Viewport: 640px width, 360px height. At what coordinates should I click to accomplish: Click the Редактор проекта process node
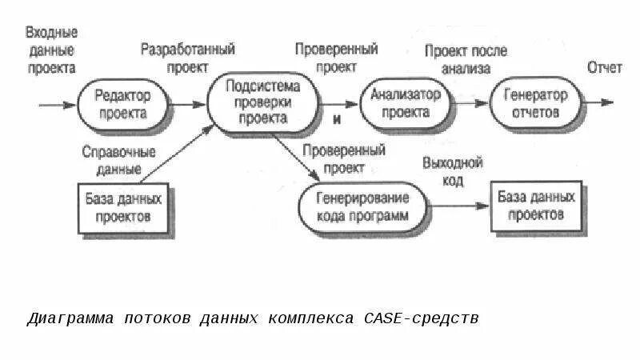click(124, 104)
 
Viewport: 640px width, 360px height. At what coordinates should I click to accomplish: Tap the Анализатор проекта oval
click(406, 103)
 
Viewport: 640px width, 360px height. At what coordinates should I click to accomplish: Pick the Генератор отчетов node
click(535, 104)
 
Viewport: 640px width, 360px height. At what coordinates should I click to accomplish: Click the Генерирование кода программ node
click(362, 206)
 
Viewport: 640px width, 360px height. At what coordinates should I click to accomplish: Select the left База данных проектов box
click(123, 206)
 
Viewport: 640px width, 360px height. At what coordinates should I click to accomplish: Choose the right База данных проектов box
click(539, 206)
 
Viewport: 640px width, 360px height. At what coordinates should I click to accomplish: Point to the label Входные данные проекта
click(52, 50)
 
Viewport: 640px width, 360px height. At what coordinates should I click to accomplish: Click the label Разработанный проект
click(188, 58)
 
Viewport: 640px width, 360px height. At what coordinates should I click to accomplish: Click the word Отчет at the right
click(604, 68)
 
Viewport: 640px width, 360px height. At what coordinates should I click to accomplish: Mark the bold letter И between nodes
click(337, 119)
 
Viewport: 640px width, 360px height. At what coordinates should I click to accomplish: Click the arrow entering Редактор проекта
click(58, 104)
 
